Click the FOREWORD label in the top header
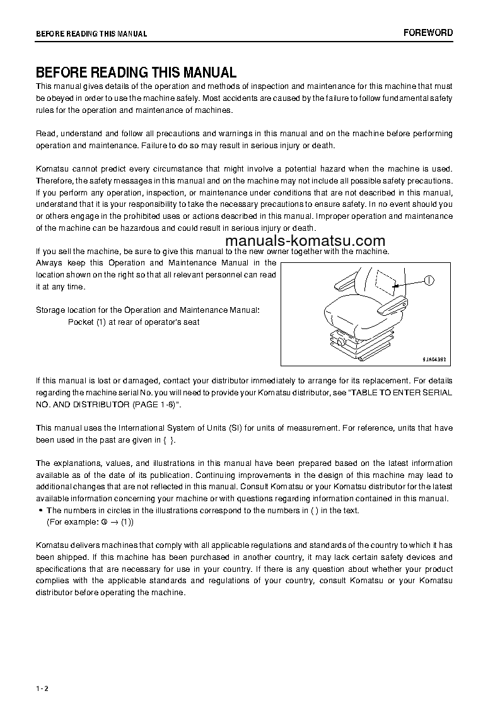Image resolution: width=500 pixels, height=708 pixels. click(428, 33)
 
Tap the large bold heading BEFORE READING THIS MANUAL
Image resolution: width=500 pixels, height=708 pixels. click(136, 73)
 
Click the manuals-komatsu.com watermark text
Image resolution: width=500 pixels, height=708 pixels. click(305, 241)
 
